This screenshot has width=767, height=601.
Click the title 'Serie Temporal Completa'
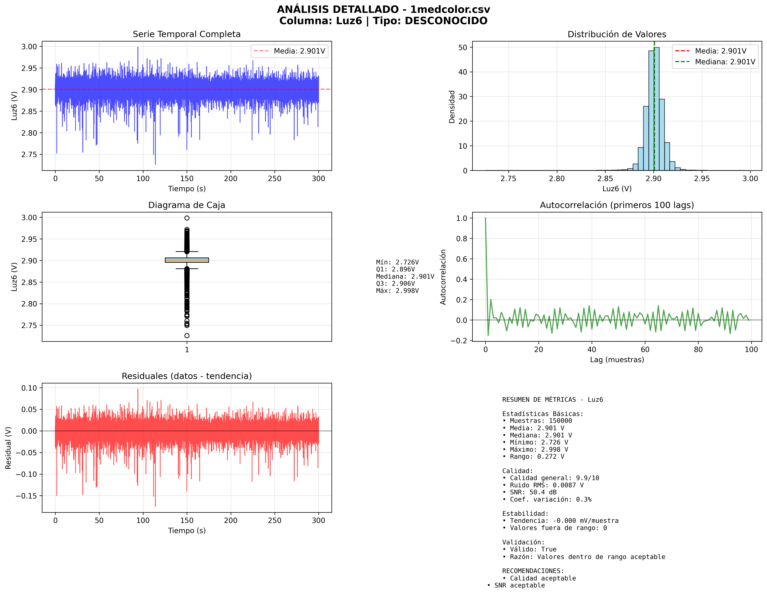pyautogui.click(x=187, y=34)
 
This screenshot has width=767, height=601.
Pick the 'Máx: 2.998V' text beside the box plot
pyautogui.click(x=397, y=291)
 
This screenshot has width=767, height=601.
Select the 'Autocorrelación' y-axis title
pyautogui.click(x=443, y=277)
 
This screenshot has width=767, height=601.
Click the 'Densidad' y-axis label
pyautogui.click(x=452, y=107)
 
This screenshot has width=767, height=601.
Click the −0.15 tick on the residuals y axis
pyautogui.click(x=26, y=496)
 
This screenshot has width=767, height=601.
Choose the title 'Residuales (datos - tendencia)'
pyautogui.click(x=187, y=376)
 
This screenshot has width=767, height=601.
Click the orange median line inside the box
pyautogui.click(x=187, y=260)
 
